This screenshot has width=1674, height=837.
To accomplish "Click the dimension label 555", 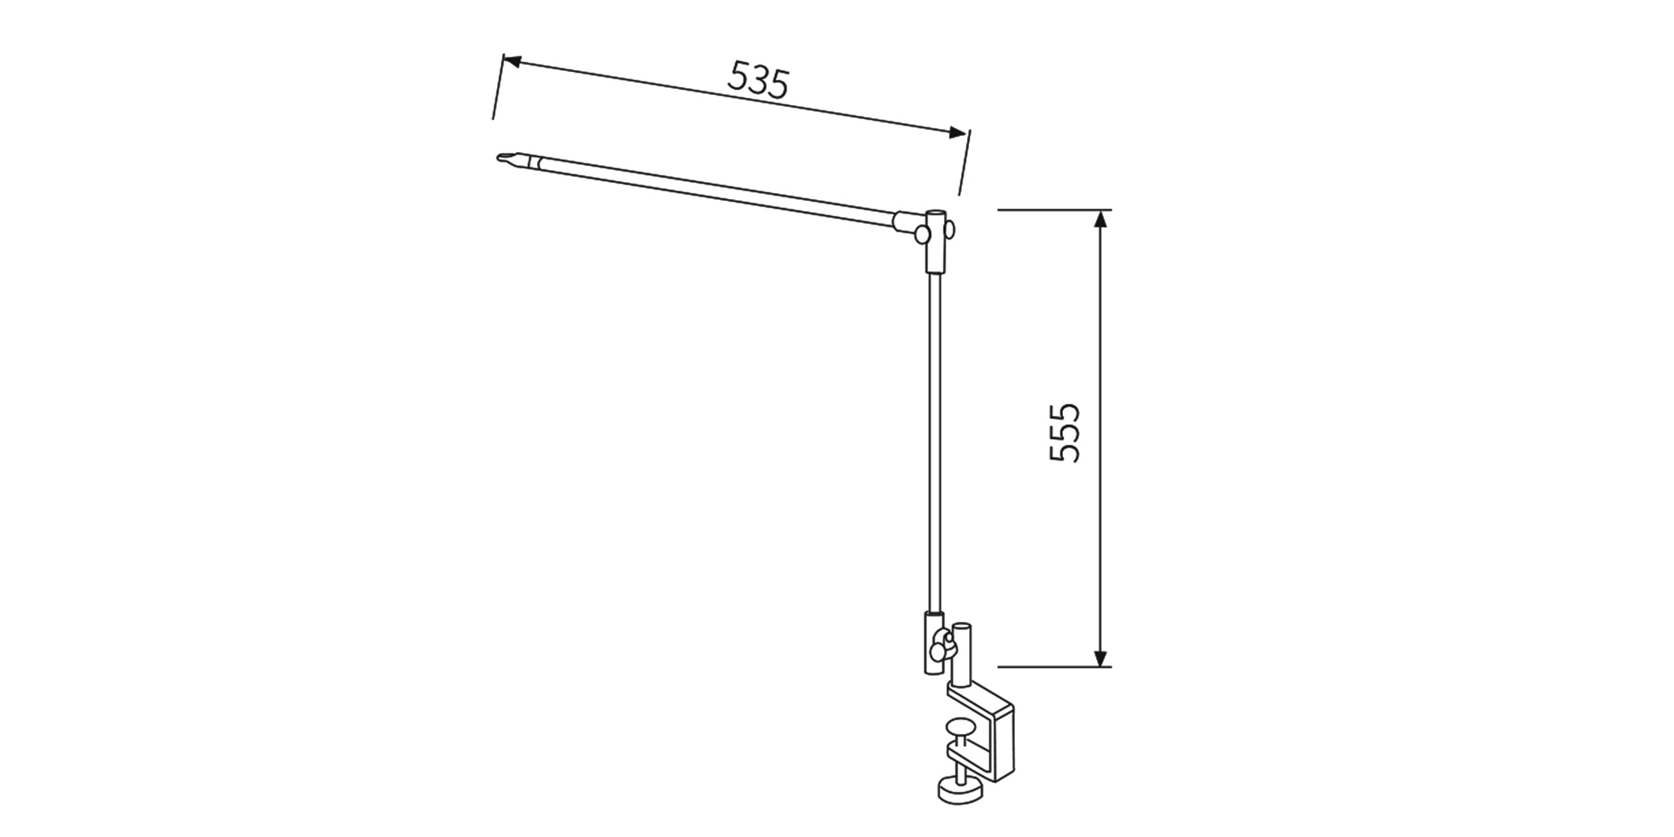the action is pyautogui.click(x=1065, y=433).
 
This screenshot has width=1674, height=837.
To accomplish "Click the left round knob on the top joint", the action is pyautogui.click(x=921, y=234).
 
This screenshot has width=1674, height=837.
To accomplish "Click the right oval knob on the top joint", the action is pyautogui.click(x=951, y=230).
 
